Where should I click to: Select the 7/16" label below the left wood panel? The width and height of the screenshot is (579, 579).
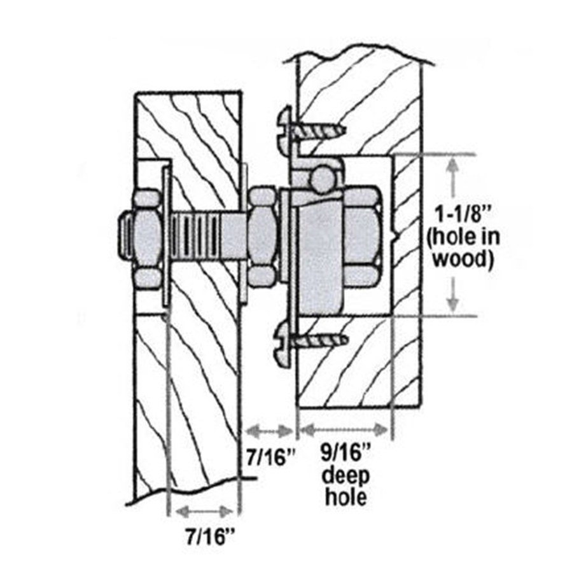pos(210,536)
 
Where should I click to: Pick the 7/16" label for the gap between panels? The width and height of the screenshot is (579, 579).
pos(271,457)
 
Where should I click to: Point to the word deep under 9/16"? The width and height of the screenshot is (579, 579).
pos(345,476)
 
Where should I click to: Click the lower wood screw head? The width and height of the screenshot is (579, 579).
pos(283,344)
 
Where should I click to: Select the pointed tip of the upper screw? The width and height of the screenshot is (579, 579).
pos(345,129)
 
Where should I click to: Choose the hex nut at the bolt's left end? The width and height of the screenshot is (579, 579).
pos(148,239)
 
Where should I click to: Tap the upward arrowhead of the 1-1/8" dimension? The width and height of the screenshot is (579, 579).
pos(453,165)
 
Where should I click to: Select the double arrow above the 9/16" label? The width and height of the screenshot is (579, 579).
pos(344,430)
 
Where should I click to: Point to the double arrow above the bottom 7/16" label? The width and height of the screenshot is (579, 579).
pos(204,512)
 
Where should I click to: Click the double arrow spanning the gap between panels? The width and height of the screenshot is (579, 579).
pos(270,431)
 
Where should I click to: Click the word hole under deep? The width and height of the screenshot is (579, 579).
pos(345,497)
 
